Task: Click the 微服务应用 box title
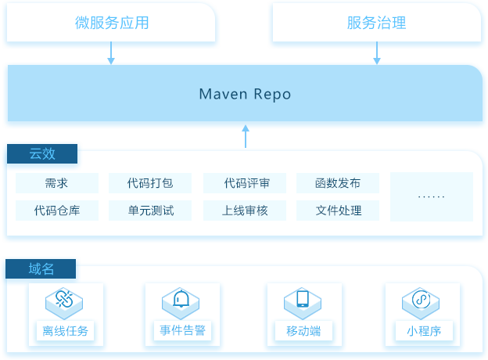point(112,23)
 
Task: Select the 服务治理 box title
point(377,23)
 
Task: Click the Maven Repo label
point(245,94)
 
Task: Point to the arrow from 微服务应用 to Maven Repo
point(111,53)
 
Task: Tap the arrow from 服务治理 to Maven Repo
point(377,53)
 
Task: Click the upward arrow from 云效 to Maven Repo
point(246,136)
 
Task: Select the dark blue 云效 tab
point(42,154)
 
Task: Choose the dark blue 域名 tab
point(41,268)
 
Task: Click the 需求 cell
point(57,183)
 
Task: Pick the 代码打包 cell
point(150,183)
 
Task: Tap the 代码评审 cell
point(245,183)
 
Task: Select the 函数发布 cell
point(338,183)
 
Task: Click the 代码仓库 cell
point(57,211)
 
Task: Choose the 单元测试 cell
point(150,211)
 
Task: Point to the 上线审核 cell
point(245,211)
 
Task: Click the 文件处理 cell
point(338,211)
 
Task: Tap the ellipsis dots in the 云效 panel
point(432,196)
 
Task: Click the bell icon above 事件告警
point(181,299)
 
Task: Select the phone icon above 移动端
point(303,299)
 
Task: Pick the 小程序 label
point(424,331)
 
